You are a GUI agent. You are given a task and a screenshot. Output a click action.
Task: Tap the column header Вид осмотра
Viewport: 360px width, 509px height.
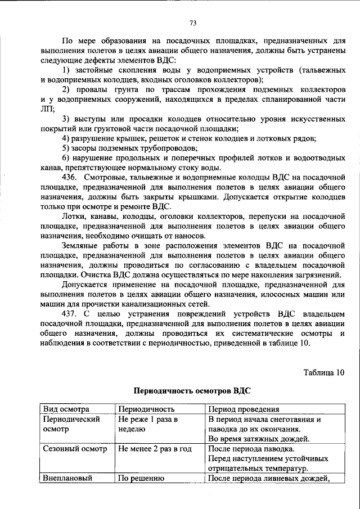tap(66, 409)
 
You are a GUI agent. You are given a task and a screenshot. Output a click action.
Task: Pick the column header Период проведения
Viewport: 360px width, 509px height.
tap(244, 409)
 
